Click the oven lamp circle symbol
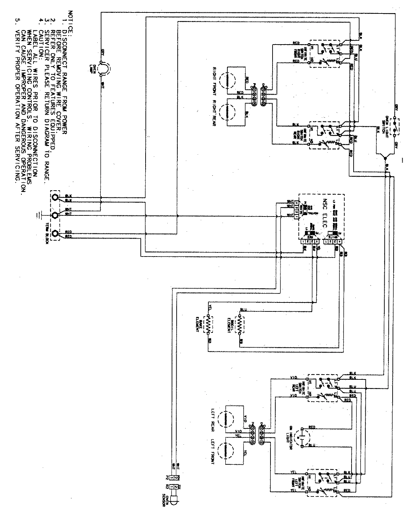[x=102, y=68]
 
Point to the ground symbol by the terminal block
[x=38, y=215]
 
